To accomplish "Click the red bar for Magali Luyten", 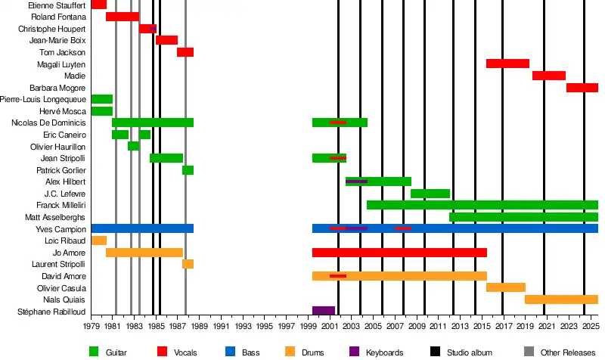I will [x=507, y=64].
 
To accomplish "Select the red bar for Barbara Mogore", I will [x=582, y=88].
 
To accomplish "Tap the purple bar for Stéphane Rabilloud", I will [x=324, y=311].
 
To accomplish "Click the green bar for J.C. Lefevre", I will [x=430, y=194].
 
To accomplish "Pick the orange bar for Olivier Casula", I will [x=506, y=287].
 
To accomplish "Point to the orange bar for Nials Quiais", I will [x=561, y=299].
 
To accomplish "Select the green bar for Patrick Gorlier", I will [x=188, y=170].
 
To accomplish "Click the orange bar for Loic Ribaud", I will [x=99, y=241].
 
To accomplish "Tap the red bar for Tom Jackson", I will [x=185, y=52].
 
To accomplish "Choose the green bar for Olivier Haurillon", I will [x=133, y=146].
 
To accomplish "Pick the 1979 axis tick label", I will [x=92, y=328].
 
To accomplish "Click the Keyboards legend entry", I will [x=384, y=351].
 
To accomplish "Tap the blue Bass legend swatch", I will [x=231, y=351].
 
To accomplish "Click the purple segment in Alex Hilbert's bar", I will [x=356, y=182].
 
